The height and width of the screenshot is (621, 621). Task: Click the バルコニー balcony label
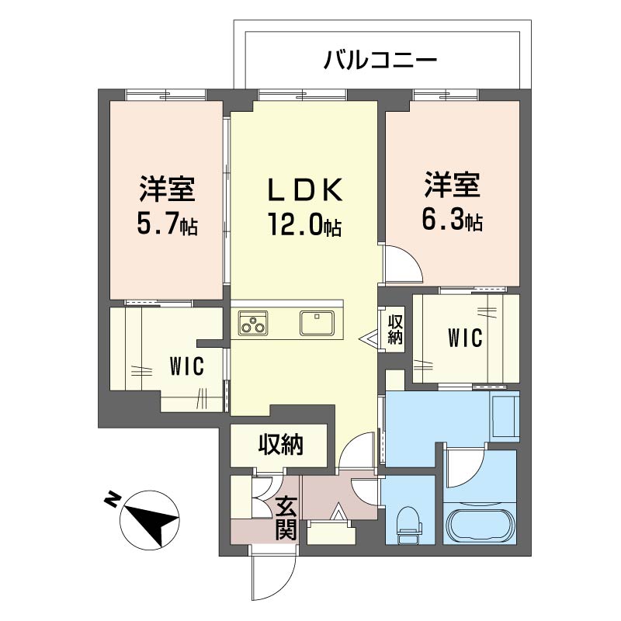[x=380, y=59]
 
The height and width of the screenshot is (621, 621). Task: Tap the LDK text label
[x=304, y=189]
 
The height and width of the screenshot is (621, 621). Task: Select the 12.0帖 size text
[x=305, y=225]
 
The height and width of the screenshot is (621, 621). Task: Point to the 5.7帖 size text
[x=167, y=225]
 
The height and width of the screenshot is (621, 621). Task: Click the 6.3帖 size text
[x=452, y=220]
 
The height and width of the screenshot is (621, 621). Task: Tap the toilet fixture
[x=408, y=525]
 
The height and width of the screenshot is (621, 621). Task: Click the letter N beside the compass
[x=113, y=499]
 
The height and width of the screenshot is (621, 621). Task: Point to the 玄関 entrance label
[x=283, y=519]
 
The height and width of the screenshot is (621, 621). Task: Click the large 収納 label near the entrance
[x=280, y=446]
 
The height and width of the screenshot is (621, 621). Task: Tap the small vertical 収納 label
[x=395, y=329]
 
